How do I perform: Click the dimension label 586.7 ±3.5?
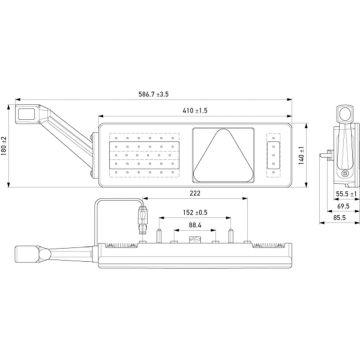(x=153, y=95)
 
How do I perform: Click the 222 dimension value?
(x=193, y=195)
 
